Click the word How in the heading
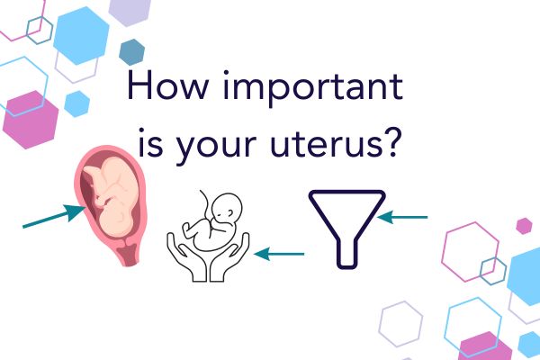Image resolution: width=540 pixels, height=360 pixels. (x=165, y=90)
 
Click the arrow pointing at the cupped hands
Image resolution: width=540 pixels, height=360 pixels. (x=280, y=254)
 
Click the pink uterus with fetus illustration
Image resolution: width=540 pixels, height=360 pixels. (x=112, y=202)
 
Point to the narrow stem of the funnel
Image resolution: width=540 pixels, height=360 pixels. (x=346, y=252)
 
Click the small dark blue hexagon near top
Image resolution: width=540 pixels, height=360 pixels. (x=132, y=51)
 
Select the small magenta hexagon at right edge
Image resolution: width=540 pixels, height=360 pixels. (x=524, y=225)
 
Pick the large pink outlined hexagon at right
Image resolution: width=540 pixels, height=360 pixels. (x=470, y=248)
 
